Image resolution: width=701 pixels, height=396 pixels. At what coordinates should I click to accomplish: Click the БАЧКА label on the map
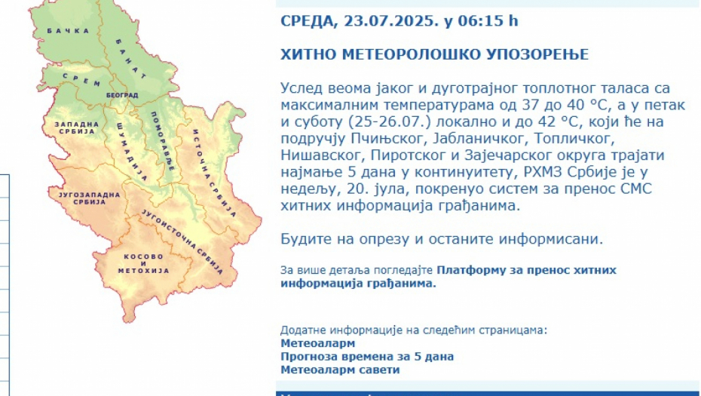(x=69, y=31)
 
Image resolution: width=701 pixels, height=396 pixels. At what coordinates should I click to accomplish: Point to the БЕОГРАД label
(x=122, y=95)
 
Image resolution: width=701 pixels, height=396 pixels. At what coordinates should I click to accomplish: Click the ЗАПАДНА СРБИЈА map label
(x=77, y=128)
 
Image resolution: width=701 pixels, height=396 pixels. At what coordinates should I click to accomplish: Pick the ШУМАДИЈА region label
(x=132, y=152)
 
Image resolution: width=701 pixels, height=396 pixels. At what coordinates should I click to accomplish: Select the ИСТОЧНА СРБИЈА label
(x=214, y=173)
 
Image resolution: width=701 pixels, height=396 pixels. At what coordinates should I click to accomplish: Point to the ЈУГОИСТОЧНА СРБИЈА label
(x=182, y=241)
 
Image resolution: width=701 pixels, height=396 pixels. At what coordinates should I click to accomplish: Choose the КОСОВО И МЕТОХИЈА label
(x=143, y=263)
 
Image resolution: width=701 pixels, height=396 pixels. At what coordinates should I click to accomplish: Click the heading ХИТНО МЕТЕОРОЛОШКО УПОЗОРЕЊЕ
(x=435, y=54)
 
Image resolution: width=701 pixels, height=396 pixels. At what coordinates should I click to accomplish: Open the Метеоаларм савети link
(x=340, y=370)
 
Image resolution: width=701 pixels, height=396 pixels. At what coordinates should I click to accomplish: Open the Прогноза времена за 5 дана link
(x=367, y=357)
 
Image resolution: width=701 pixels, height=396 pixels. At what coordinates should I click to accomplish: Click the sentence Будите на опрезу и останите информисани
(x=442, y=239)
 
